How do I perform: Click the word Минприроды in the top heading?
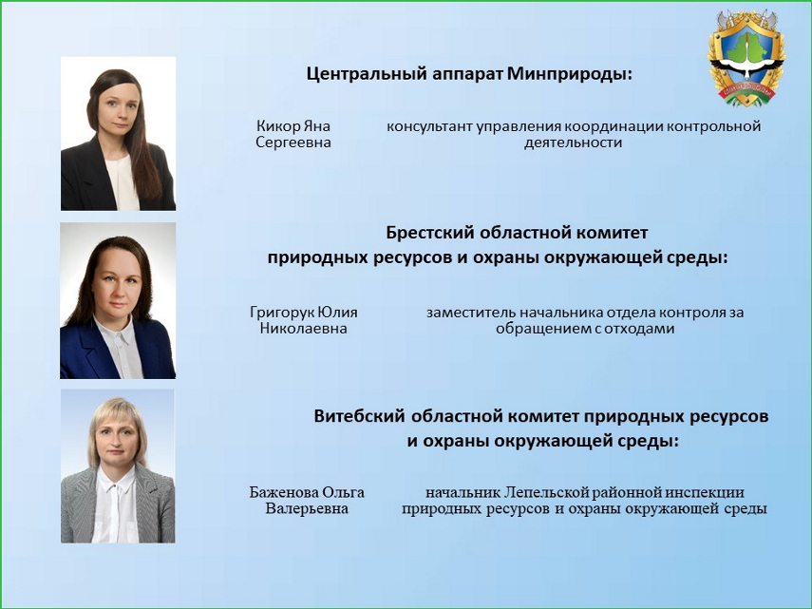[570, 74]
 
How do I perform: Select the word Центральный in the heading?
[367, 74]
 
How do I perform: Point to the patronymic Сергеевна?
[293, 143]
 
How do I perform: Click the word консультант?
[429, 126]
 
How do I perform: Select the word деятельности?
[573, 143]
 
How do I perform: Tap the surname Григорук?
[282, 313]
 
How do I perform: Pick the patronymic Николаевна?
[304, 329]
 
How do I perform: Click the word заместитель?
[471, 313]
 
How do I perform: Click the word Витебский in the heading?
[359, 416]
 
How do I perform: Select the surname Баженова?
[284, 492]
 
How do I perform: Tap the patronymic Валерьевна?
[307, 508]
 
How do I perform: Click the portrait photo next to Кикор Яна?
[118, 134]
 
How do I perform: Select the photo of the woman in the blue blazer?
[118, 301]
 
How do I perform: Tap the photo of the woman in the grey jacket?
[118, 466]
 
